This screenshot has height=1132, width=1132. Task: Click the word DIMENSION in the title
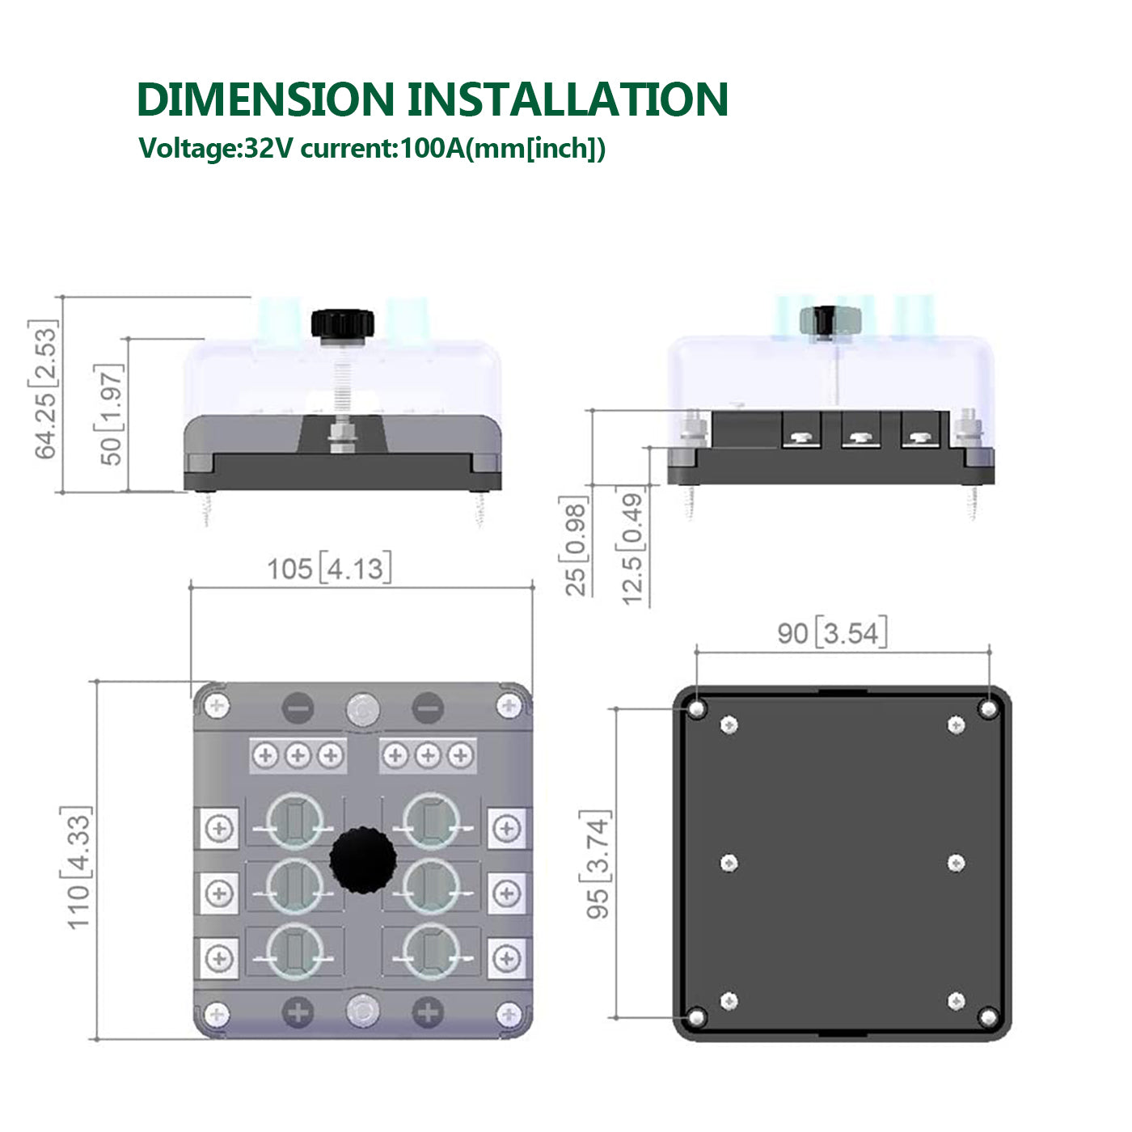click(x=265, y=99)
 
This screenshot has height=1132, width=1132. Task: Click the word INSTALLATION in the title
click(x=568, y=99)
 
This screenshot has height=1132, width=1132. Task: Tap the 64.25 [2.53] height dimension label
click(x=44, y=390)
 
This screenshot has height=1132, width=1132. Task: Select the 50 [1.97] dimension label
click(x=109, y=415)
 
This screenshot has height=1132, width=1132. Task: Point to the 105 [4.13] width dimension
click(x=329, y=568)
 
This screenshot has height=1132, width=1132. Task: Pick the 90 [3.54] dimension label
click(x=832, y=633)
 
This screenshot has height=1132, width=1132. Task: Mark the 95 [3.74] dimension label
click(x=596, y=864)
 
